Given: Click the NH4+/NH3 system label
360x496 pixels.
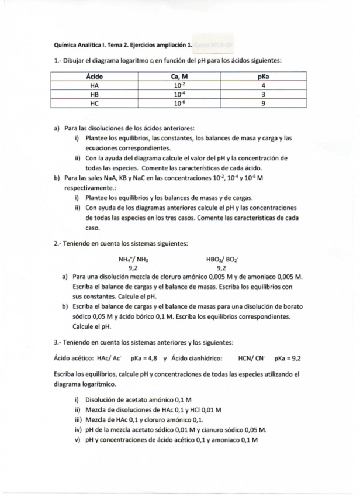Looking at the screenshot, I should pyautogui.click(x=133, y=259).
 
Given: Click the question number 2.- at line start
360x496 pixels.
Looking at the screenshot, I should pyautogui.click(x=57, y=243).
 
